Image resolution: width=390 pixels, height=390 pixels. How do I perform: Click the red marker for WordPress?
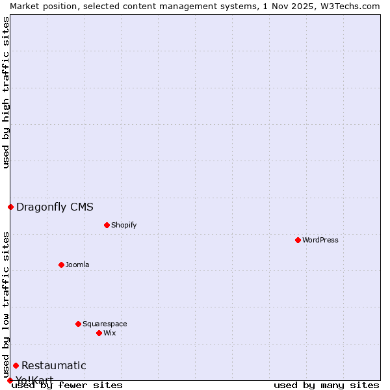[x=298, y=240]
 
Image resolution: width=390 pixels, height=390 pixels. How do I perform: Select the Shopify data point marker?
[x=107, y=225]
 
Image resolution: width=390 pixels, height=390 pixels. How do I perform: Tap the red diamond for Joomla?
[x=61, y=265]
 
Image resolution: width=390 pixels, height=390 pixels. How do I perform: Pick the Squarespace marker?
[x=78, y=324]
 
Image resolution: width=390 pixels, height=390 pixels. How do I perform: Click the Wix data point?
[x=99, y=333]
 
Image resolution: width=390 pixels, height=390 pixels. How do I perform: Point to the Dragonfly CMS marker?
[x=10, y=207]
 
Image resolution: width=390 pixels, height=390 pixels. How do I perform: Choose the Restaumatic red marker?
[x=16, y=365]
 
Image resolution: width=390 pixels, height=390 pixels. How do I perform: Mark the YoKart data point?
[x=10, y=380]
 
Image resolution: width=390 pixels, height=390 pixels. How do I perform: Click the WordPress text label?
[x=320, y=240]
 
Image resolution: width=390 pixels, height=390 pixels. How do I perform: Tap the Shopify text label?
[x=124, y=225]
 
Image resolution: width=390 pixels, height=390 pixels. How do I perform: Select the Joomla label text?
[x=77, y=265]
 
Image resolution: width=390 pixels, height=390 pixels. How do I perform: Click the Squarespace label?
[x=105, y=324]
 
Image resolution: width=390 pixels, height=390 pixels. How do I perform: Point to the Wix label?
[x=110, y=333]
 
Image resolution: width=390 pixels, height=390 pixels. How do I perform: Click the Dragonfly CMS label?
[x=55, y=207]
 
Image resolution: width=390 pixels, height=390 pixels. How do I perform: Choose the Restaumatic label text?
[x=53, y=365]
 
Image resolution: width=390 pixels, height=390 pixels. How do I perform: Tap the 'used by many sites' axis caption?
[x=326, y=385]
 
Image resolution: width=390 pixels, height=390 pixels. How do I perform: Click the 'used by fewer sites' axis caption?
[x=68, y=385]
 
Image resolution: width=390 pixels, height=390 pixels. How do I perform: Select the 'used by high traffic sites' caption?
[x=6, y=92]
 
